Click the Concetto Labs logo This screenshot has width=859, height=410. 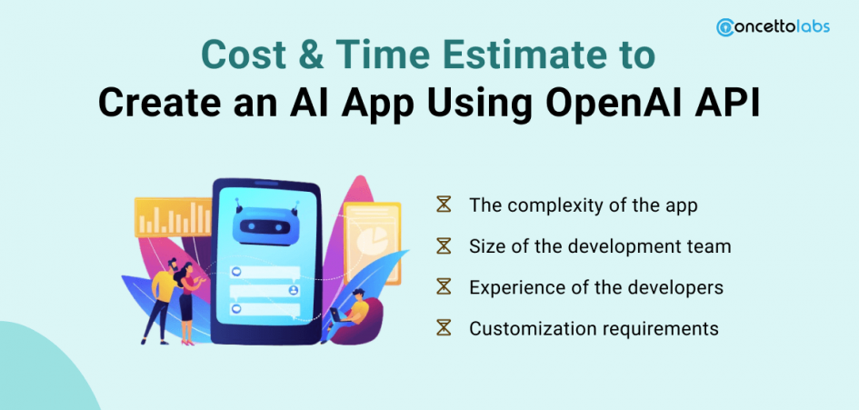773,27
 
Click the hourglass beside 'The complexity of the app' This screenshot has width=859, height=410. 444,205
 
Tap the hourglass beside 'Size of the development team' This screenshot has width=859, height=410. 444,245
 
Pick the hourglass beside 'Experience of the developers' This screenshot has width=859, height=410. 444,286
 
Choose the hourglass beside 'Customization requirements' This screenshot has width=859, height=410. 444,328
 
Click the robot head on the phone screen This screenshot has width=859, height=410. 265,225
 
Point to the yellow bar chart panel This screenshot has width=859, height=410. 173,217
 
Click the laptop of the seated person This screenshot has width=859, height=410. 335,315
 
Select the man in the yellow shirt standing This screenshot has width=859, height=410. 162,299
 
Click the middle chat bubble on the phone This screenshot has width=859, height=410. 265,290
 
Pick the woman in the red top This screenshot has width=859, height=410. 188,302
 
